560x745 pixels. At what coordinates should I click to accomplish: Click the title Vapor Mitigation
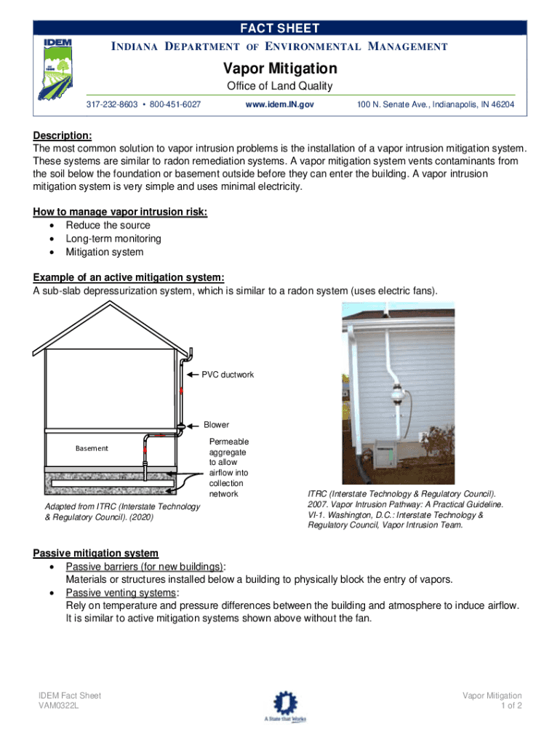coord(279,68)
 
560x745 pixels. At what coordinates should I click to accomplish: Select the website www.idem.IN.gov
coord(280,105)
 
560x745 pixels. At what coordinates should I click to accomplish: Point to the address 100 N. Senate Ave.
coord(435,105)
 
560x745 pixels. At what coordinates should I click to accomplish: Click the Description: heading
coord(63,135)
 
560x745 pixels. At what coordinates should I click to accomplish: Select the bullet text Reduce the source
coord(108,226)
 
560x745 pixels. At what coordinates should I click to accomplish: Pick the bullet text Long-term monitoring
coord(113,239)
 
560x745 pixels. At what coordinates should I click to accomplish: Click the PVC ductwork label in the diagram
coord(228,375)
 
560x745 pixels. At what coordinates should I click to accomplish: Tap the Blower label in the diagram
coord(216,425)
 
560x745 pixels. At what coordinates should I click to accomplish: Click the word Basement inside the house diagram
coord(92,448)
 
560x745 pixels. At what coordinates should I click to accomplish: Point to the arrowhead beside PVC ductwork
coord(194,375)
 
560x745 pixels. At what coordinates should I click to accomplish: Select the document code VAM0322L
coord(59,706)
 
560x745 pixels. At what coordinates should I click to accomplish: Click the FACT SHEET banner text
coord(280,28)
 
